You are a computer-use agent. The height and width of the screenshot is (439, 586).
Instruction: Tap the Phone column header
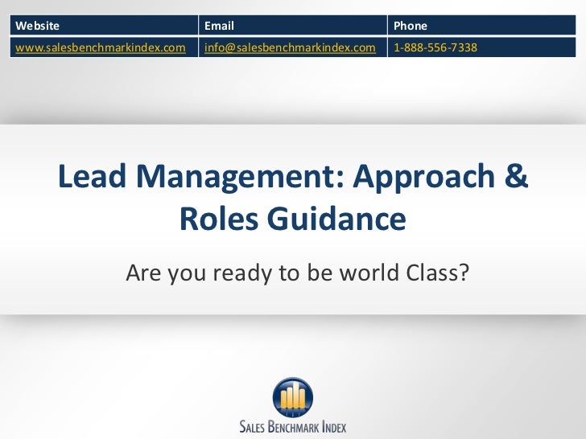tap(411, 26)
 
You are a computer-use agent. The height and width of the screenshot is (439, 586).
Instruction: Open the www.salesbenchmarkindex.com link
tap(101, 47)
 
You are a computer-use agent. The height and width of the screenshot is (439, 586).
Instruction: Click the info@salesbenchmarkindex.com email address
tap(290, 47)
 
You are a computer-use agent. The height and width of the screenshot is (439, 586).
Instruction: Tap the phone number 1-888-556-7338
tap(435, 47)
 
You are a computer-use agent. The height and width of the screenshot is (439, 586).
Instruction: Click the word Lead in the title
tap(92, 178)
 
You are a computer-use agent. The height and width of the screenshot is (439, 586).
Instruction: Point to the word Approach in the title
tap(423, 178)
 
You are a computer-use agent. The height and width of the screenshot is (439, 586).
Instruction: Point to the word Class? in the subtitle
tap(434, 274)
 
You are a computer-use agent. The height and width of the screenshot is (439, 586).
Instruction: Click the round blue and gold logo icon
tap(292, 397)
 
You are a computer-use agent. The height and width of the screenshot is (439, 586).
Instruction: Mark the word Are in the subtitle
tap(142, 274)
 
